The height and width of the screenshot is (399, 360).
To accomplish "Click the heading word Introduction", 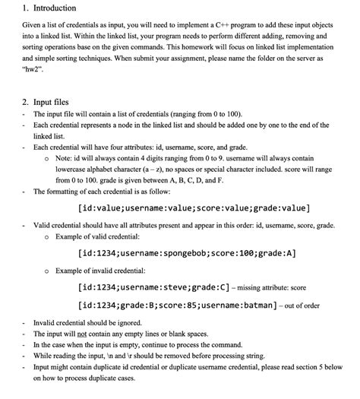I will (49, 8).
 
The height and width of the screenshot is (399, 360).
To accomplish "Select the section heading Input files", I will (52, 101).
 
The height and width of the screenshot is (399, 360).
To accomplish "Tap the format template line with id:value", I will (194, 207).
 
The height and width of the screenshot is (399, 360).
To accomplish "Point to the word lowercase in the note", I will (74, 170).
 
